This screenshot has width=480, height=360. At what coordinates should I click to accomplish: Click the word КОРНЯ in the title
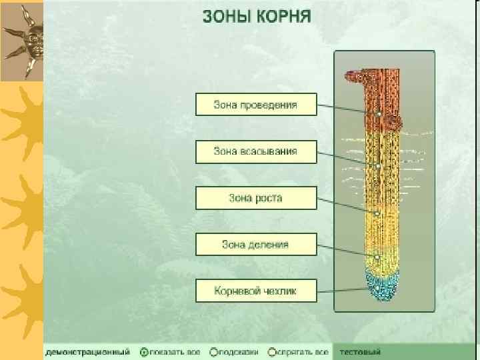tap(285, 17)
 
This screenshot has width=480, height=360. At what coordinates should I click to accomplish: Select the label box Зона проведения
tap(255, 105)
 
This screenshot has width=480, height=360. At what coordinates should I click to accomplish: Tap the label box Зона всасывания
tap(255, 151)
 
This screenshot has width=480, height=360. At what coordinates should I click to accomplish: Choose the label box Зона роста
tap(255, 198)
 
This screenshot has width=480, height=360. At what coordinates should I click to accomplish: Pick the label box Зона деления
tap(255, 245)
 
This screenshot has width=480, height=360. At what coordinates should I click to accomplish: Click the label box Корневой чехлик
tap(255, 291)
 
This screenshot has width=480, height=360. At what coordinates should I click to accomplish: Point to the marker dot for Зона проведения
tap(378, 115)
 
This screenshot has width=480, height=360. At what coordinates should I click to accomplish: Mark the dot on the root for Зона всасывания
tap(378, 165)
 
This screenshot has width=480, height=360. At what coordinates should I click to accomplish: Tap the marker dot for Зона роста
tap(377, 213)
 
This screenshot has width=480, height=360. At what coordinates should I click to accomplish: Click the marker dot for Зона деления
tap(377, 257)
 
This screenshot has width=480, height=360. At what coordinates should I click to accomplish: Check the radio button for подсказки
tap(213, 351)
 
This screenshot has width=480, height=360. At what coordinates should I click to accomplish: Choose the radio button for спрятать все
tap(272, 351)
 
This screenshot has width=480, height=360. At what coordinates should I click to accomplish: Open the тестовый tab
tap(361, 351)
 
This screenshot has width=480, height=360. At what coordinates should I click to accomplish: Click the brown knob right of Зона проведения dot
tap(394, 122)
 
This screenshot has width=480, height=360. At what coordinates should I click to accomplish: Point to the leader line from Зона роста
tap(347, 206)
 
